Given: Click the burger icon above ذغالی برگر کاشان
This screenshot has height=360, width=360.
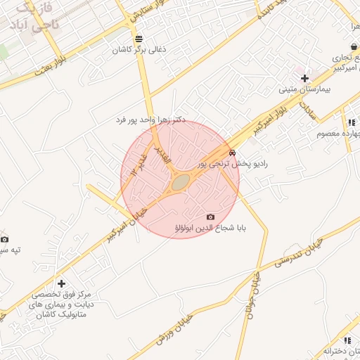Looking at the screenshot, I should [x=136, y=38].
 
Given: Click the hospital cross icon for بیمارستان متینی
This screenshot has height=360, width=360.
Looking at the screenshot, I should [x=304, y=77].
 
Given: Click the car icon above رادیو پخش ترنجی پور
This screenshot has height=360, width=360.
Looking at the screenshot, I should [x=232, y=152].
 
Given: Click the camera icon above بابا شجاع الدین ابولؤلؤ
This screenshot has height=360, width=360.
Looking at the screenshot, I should [x=210, y=217].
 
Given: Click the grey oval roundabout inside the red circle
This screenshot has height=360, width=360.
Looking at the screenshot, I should [x=181, y=183].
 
